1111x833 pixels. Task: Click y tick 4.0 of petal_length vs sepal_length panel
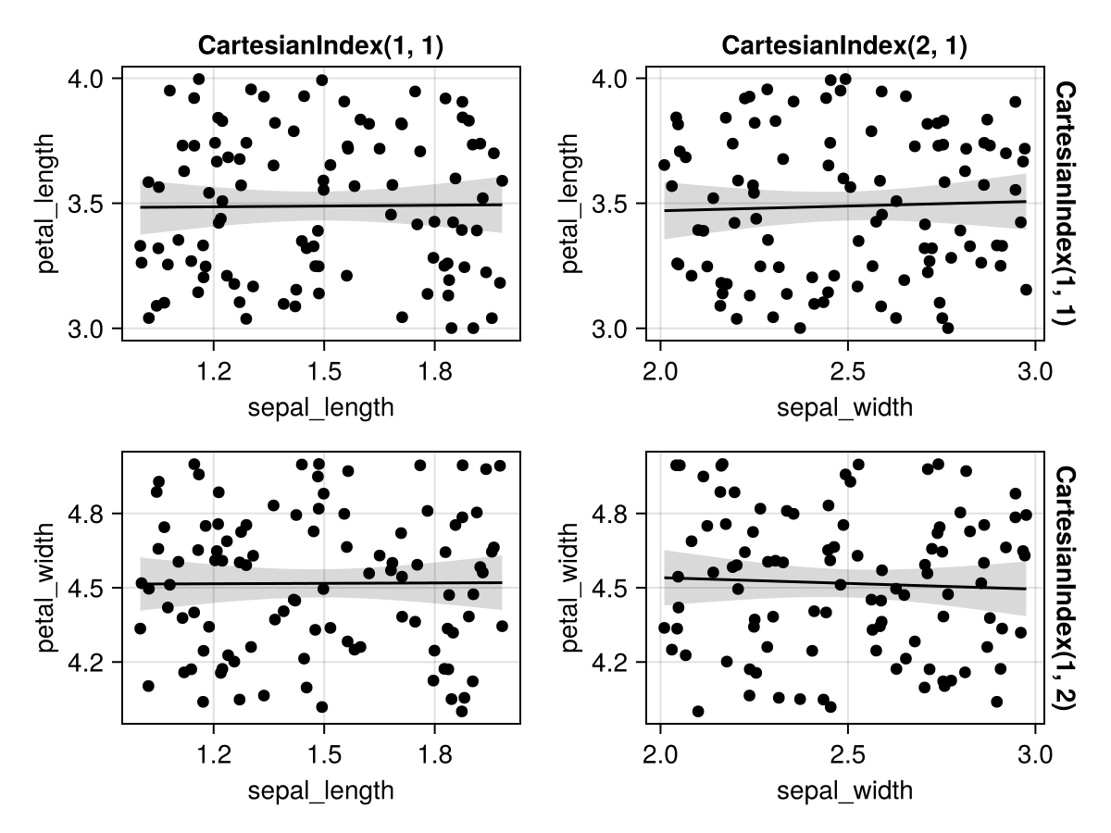click(x=91, y=79)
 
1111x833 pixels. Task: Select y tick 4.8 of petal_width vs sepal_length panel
click(x=91, y=513)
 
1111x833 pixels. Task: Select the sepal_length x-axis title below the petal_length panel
click(x=320, y=408)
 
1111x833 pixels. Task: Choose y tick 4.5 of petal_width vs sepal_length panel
click(x=91, y=588)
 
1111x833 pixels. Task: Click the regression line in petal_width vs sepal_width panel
click(x=844, y=583)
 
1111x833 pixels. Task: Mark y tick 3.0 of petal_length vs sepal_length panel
click(x=91, y=329)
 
